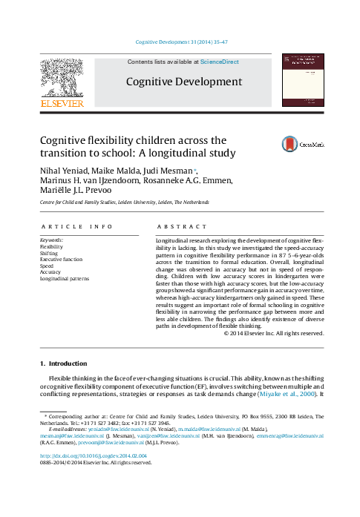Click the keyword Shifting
(50, 251)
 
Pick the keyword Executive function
(62, 258)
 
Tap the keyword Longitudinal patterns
(65, 278)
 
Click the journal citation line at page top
(180, 45)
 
